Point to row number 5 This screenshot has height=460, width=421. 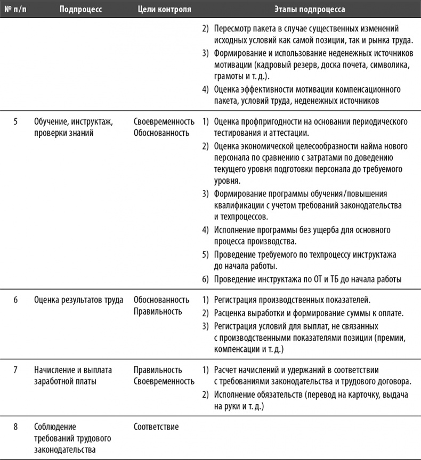coord(15,122)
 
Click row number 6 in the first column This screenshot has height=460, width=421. coord(15,300)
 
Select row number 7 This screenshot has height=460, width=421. coord(15,370)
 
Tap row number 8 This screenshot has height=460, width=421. coord(15,426)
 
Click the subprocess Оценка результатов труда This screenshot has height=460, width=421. coord(78,300)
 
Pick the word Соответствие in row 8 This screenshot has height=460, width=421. coord(156,426)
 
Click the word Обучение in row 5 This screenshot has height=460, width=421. coord(51,122)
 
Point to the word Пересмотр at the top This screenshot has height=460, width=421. coord(233,28)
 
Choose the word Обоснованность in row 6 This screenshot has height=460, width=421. coord(161,300)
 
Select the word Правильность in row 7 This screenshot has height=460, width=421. coord(158,370)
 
